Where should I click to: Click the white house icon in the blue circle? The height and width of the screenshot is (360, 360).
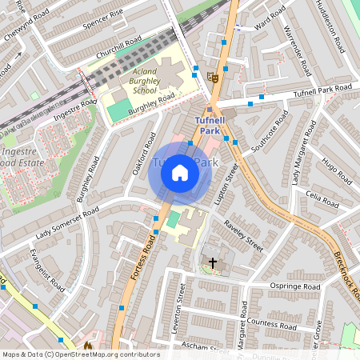point(180,172)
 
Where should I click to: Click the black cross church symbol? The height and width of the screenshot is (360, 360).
point(213,262)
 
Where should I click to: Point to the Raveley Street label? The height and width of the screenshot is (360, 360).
point(243,235)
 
